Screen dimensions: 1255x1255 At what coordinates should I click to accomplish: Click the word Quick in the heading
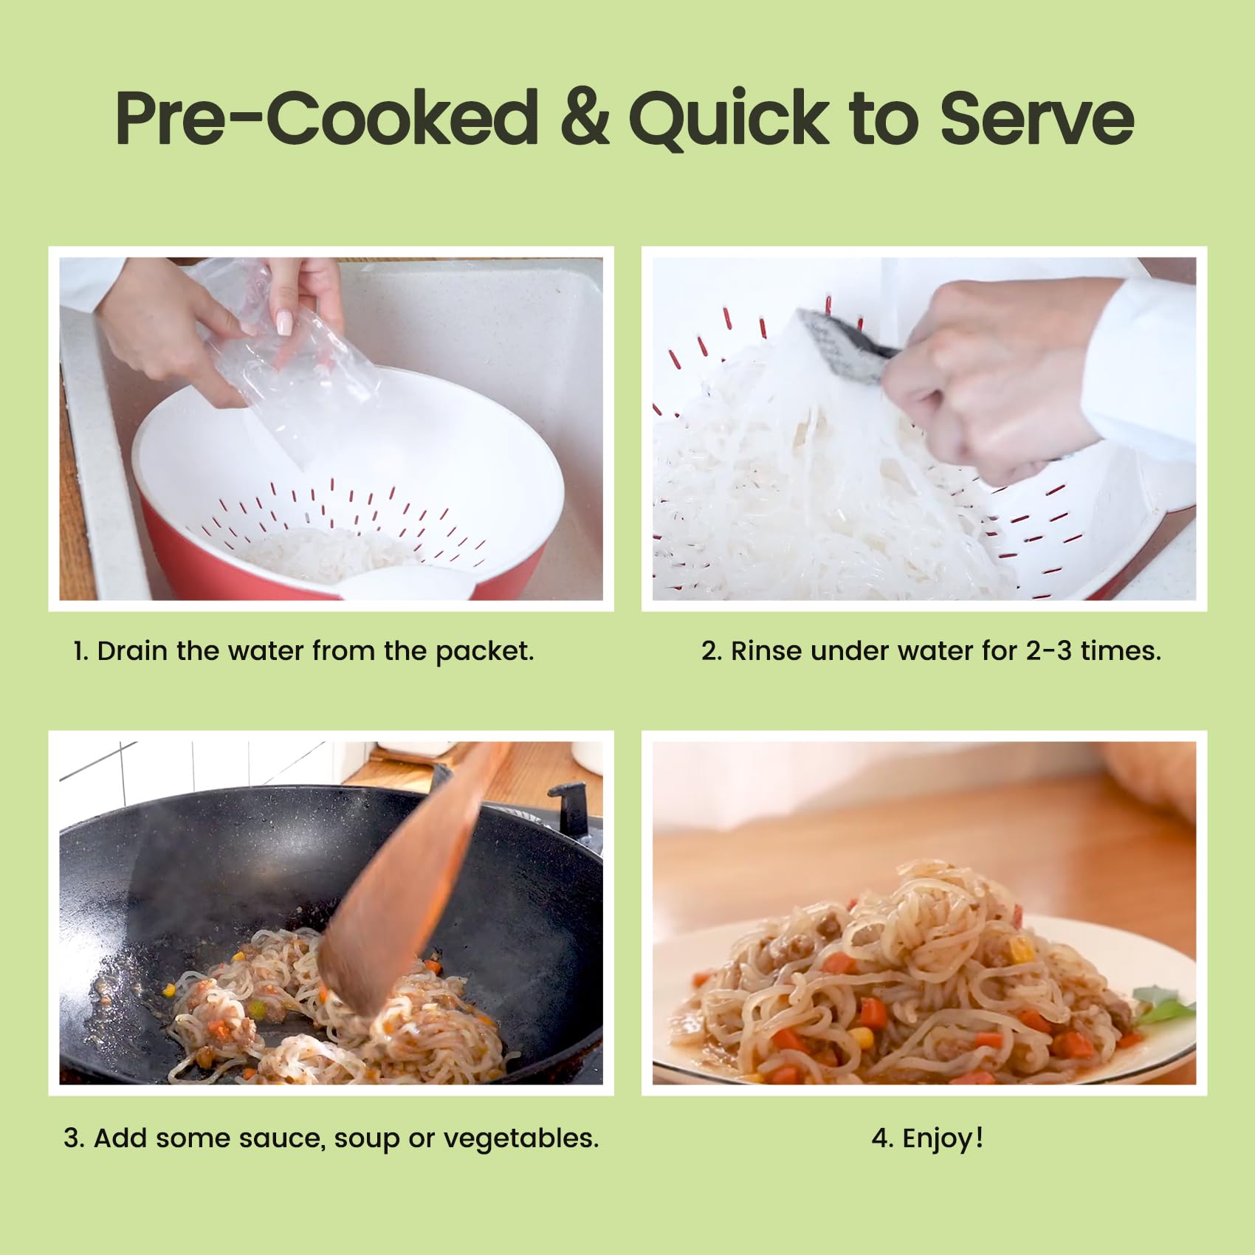729,119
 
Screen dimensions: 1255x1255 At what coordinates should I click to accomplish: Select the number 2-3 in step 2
1048,651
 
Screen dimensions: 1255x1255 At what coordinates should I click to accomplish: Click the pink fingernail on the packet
283,323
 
